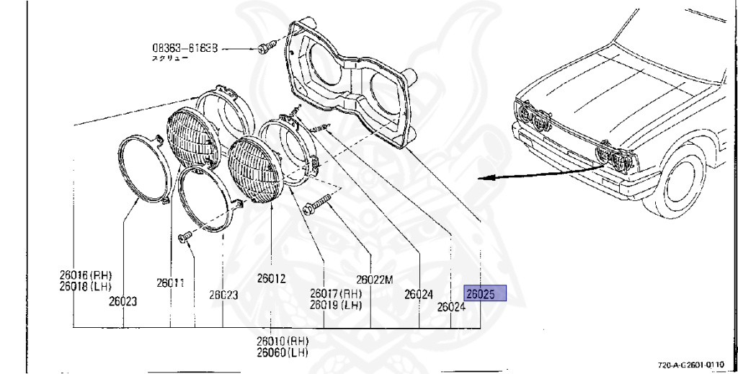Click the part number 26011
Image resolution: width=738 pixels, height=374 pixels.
click(172, 283)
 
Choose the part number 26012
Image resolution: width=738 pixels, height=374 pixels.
click(271, 278)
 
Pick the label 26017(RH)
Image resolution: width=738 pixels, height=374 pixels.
click(335, 293)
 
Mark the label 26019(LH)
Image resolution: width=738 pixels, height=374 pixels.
click(335, 304)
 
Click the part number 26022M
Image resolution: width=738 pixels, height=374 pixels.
click(374, 280)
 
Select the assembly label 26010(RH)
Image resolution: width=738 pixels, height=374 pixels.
click(281, 340)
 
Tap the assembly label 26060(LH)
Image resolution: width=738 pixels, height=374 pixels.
click(281, 352)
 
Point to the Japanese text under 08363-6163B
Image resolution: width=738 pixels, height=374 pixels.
click(169, 58)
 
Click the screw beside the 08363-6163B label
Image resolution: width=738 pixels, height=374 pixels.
click(264, 48)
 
